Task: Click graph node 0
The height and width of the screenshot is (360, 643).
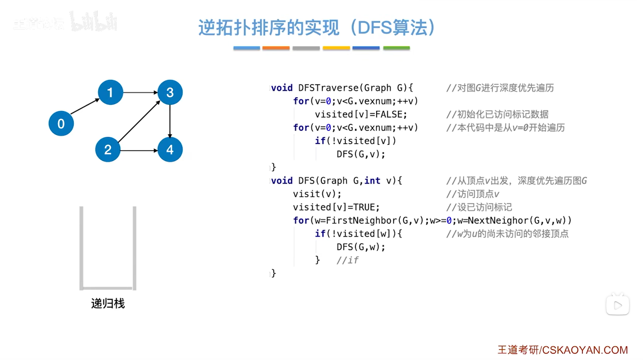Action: tap(61, 124)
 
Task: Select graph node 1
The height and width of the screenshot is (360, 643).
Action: tap(110, 92)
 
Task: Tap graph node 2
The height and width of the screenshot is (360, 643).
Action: tap(108, 150)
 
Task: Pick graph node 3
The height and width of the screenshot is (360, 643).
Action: tap(170, 92)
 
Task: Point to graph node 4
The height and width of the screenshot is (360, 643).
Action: tap(170, 150)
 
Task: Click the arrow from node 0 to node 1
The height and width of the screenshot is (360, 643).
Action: tap(85, 107)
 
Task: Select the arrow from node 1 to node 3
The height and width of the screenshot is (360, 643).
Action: tap(140, 92)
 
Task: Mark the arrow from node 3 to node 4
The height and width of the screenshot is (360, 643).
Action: tap(170, 121)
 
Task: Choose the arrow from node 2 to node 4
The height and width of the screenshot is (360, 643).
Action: tap(139, 150)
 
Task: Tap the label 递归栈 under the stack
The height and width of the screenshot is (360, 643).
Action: tap(108, 303)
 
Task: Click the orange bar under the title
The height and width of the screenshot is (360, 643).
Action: tap(276, 48)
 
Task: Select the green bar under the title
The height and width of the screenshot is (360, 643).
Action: tap(396, 48)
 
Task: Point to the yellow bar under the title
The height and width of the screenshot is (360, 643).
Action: tap(336, 48)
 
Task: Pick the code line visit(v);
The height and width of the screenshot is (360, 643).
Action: tap(317, 194)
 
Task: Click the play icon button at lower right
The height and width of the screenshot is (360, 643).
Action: tap(617, 305)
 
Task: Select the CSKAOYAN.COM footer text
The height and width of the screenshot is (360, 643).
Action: tap(585, 350)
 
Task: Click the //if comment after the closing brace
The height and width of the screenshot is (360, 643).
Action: tap(347, 260)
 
